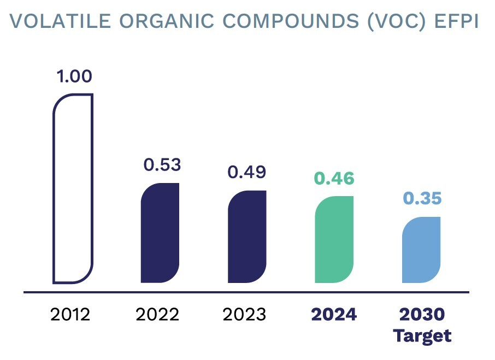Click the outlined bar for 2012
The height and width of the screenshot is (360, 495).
click(73, 188)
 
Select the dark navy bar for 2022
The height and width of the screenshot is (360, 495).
click(160, 233)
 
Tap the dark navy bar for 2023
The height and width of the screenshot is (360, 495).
click(247, 237)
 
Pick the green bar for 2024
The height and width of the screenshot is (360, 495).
click(334, 239)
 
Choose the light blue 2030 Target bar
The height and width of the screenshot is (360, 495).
click(421, 250)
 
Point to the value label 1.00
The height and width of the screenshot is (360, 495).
click(74, 76)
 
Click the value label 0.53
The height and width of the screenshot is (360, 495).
click(162, 164)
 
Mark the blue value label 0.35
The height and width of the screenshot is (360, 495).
click(422, 198)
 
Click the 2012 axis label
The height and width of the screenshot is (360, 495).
click(70, 315)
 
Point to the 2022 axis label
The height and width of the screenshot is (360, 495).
click(157, 315)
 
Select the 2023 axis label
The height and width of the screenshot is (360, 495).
click(244, 315)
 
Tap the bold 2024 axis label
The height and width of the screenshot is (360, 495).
click(334, 315)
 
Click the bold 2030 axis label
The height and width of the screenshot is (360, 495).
click(422, 315)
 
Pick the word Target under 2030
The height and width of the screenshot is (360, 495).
click(422, 335)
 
